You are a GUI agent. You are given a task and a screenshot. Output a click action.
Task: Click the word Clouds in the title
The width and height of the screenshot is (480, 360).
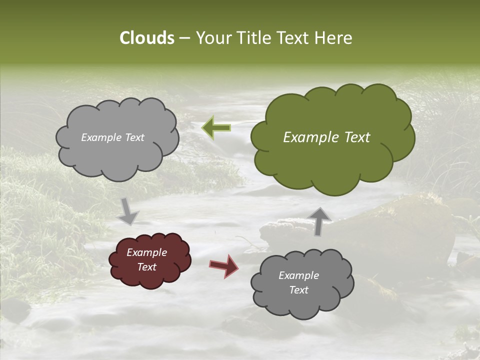tap(147, 38)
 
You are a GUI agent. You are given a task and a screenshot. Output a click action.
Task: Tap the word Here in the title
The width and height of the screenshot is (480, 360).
tap(334, 38)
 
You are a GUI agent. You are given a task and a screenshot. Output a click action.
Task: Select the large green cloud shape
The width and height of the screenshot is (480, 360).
tap(332, 150)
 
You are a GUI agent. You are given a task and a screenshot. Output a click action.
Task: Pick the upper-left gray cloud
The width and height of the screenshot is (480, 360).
tap(117, 155)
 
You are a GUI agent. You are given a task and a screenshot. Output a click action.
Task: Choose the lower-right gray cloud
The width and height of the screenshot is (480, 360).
tap(302, 300)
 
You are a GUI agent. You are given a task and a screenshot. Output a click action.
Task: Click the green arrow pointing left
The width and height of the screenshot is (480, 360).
tap(216, 127)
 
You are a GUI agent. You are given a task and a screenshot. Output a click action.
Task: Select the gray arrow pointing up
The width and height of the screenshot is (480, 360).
tap(319, 220)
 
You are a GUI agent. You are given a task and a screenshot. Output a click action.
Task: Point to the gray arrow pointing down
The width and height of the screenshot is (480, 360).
tap(129, 211)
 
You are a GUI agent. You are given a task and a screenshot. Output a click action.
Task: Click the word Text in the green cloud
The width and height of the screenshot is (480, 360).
tap(357, 137)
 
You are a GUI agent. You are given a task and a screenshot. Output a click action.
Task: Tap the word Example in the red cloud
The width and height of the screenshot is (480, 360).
tap(146, 252)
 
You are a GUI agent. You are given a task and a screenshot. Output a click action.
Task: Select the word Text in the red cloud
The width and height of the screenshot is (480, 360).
tap(147, 267)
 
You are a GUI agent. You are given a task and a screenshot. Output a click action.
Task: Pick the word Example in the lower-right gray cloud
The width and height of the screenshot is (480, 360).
tap(298, 275)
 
